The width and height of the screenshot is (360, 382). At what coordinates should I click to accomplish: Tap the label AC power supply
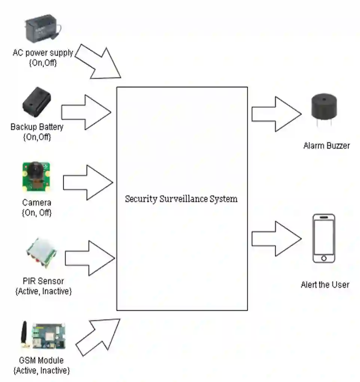coord(43,53)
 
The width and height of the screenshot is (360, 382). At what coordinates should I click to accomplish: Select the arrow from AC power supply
coord(99,61)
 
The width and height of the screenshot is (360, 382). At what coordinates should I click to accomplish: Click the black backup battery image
coord(37,101)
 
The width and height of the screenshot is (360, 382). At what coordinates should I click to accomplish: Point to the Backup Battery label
coord(37,127)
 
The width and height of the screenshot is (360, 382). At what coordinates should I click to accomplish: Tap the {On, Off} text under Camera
coord(37,213)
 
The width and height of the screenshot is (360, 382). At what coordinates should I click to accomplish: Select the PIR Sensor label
coord(43,281)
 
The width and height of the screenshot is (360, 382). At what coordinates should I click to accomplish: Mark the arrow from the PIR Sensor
coord(90,258)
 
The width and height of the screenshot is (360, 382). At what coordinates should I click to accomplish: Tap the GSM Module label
coord(41,361)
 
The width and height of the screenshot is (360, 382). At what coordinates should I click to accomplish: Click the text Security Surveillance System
coord(181,199)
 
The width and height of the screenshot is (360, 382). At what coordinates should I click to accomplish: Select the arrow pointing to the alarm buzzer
coord(276,114)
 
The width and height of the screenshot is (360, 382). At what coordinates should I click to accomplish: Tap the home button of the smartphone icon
coord(324,258)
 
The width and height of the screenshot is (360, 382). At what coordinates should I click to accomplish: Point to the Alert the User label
coord(325,285)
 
